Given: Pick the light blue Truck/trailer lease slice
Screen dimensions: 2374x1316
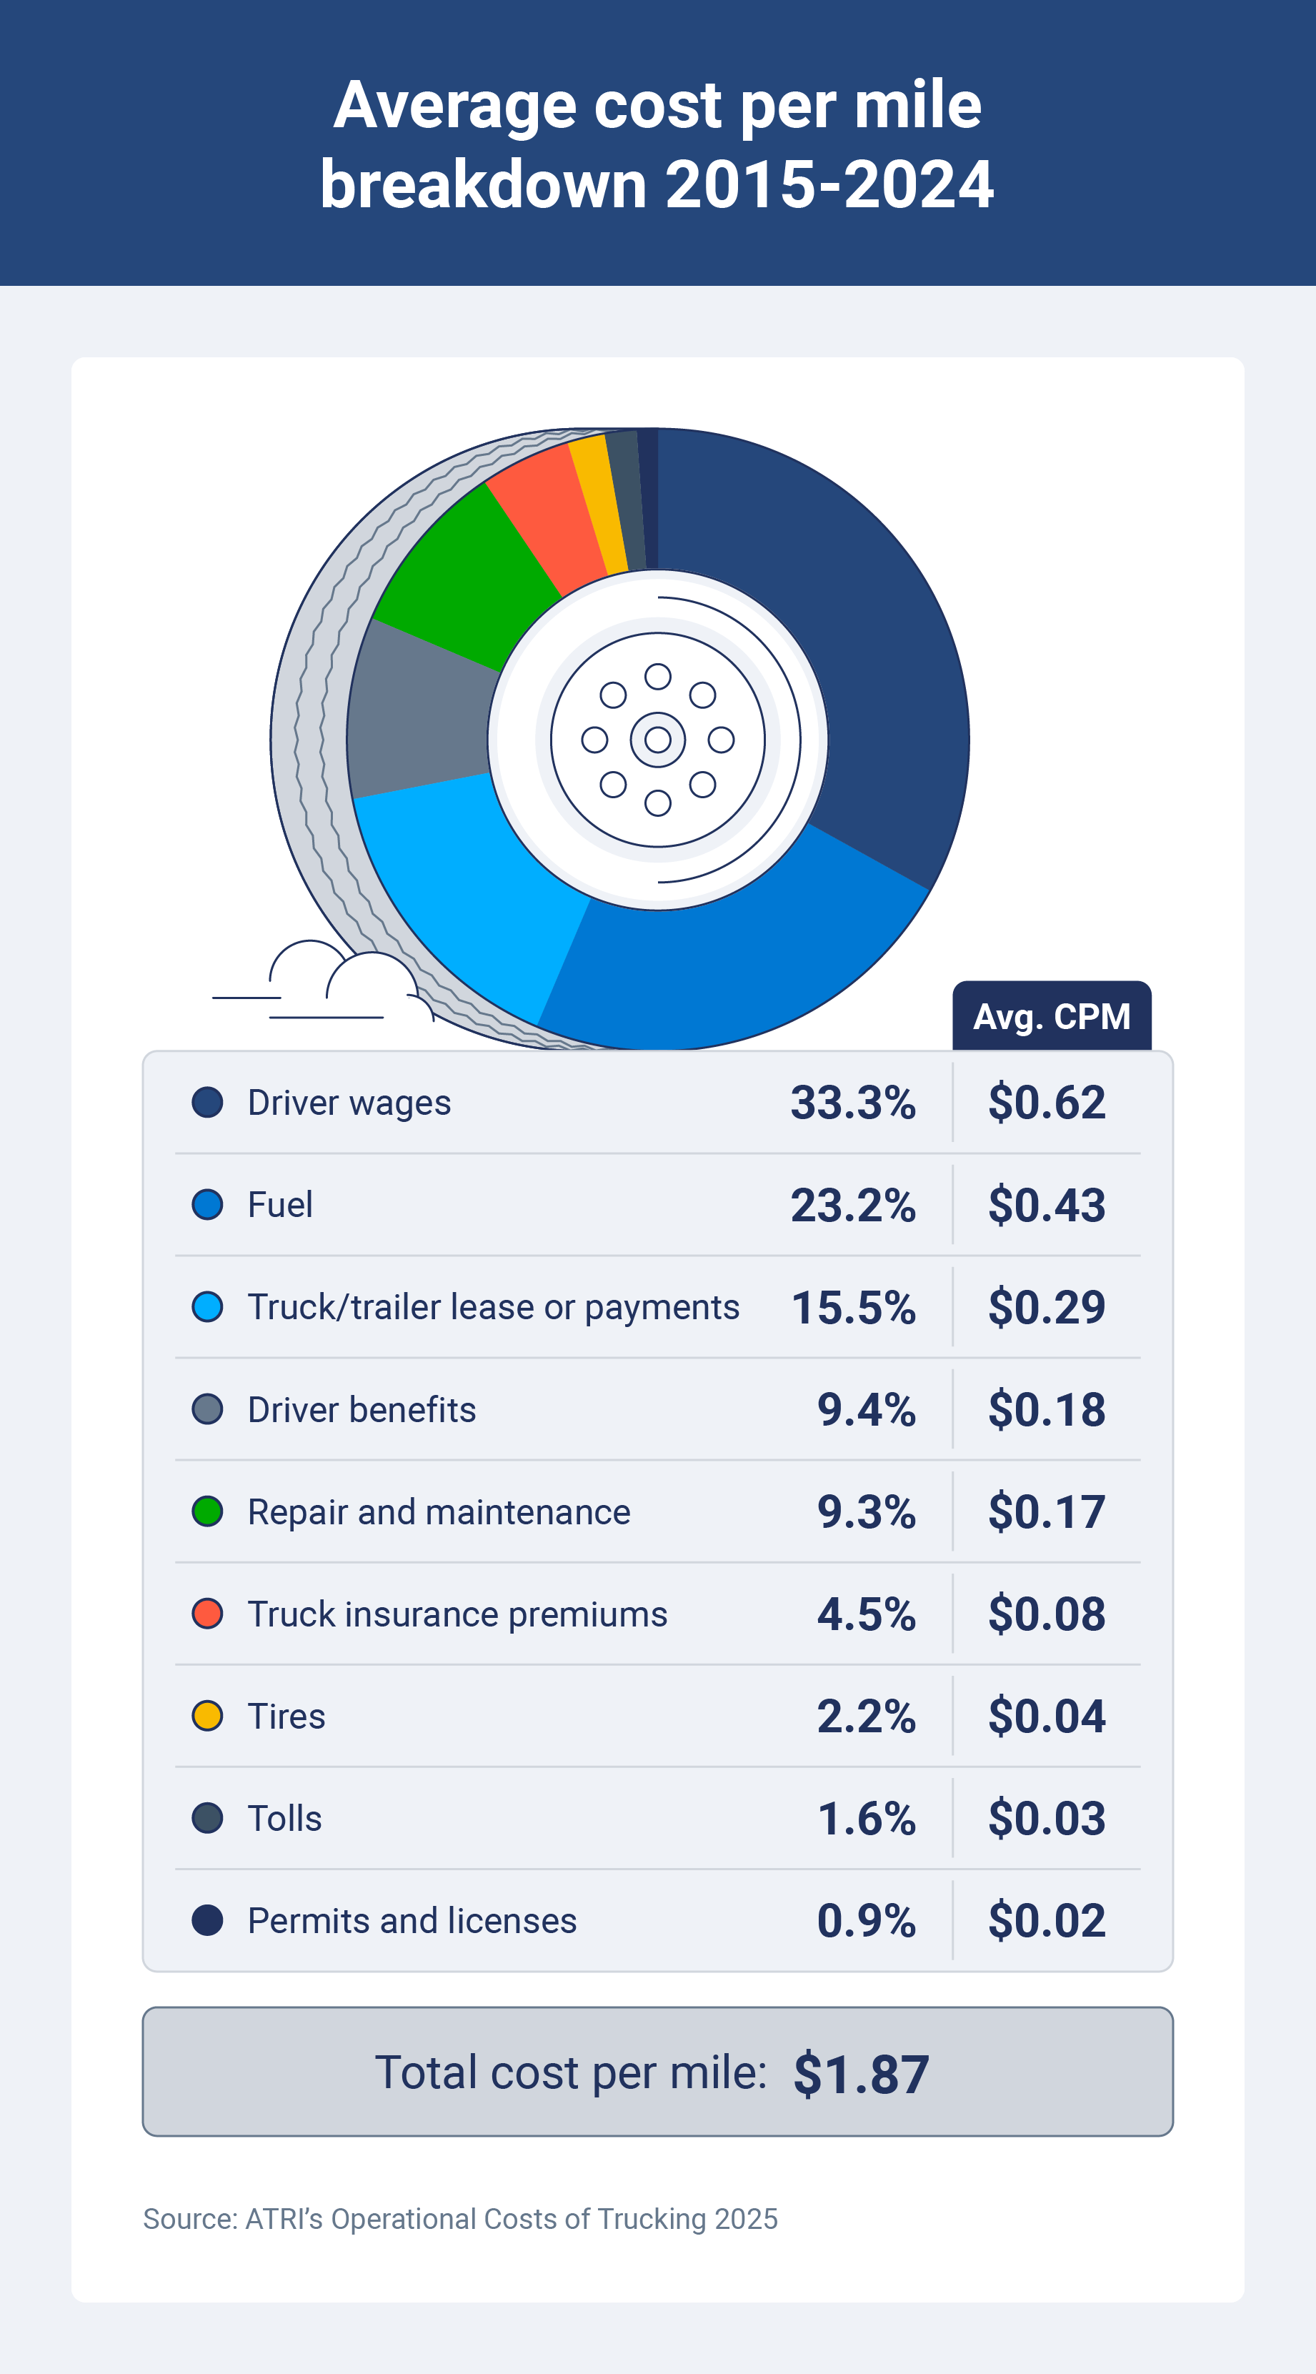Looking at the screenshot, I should [x=461, y=885].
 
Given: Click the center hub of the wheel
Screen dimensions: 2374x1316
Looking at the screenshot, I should [x=657, y=739].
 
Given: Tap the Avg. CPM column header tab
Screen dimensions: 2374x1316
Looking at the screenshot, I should [x=1052, y=1015].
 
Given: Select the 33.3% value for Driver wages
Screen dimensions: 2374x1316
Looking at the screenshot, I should [x=852, y=1102].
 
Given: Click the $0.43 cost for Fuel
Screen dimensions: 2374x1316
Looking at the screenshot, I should [x=1046, y=1205].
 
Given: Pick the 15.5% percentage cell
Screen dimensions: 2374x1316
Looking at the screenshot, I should [x=852, y=1307].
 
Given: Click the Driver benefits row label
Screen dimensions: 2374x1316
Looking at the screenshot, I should [x=362, y=1409].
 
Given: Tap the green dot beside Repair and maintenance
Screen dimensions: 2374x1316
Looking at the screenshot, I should [x=207, y=1511].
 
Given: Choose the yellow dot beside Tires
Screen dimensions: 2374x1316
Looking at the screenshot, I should [x=207, y=1716].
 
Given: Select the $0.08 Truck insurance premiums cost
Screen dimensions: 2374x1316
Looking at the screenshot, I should [x=1046, y=1614].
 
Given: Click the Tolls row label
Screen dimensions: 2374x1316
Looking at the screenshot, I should [x=285, y=1818].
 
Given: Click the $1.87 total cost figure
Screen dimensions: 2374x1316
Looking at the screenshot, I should [x=861, y=2074].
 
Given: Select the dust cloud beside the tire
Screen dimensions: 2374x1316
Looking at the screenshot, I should [x=341, y=981].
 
